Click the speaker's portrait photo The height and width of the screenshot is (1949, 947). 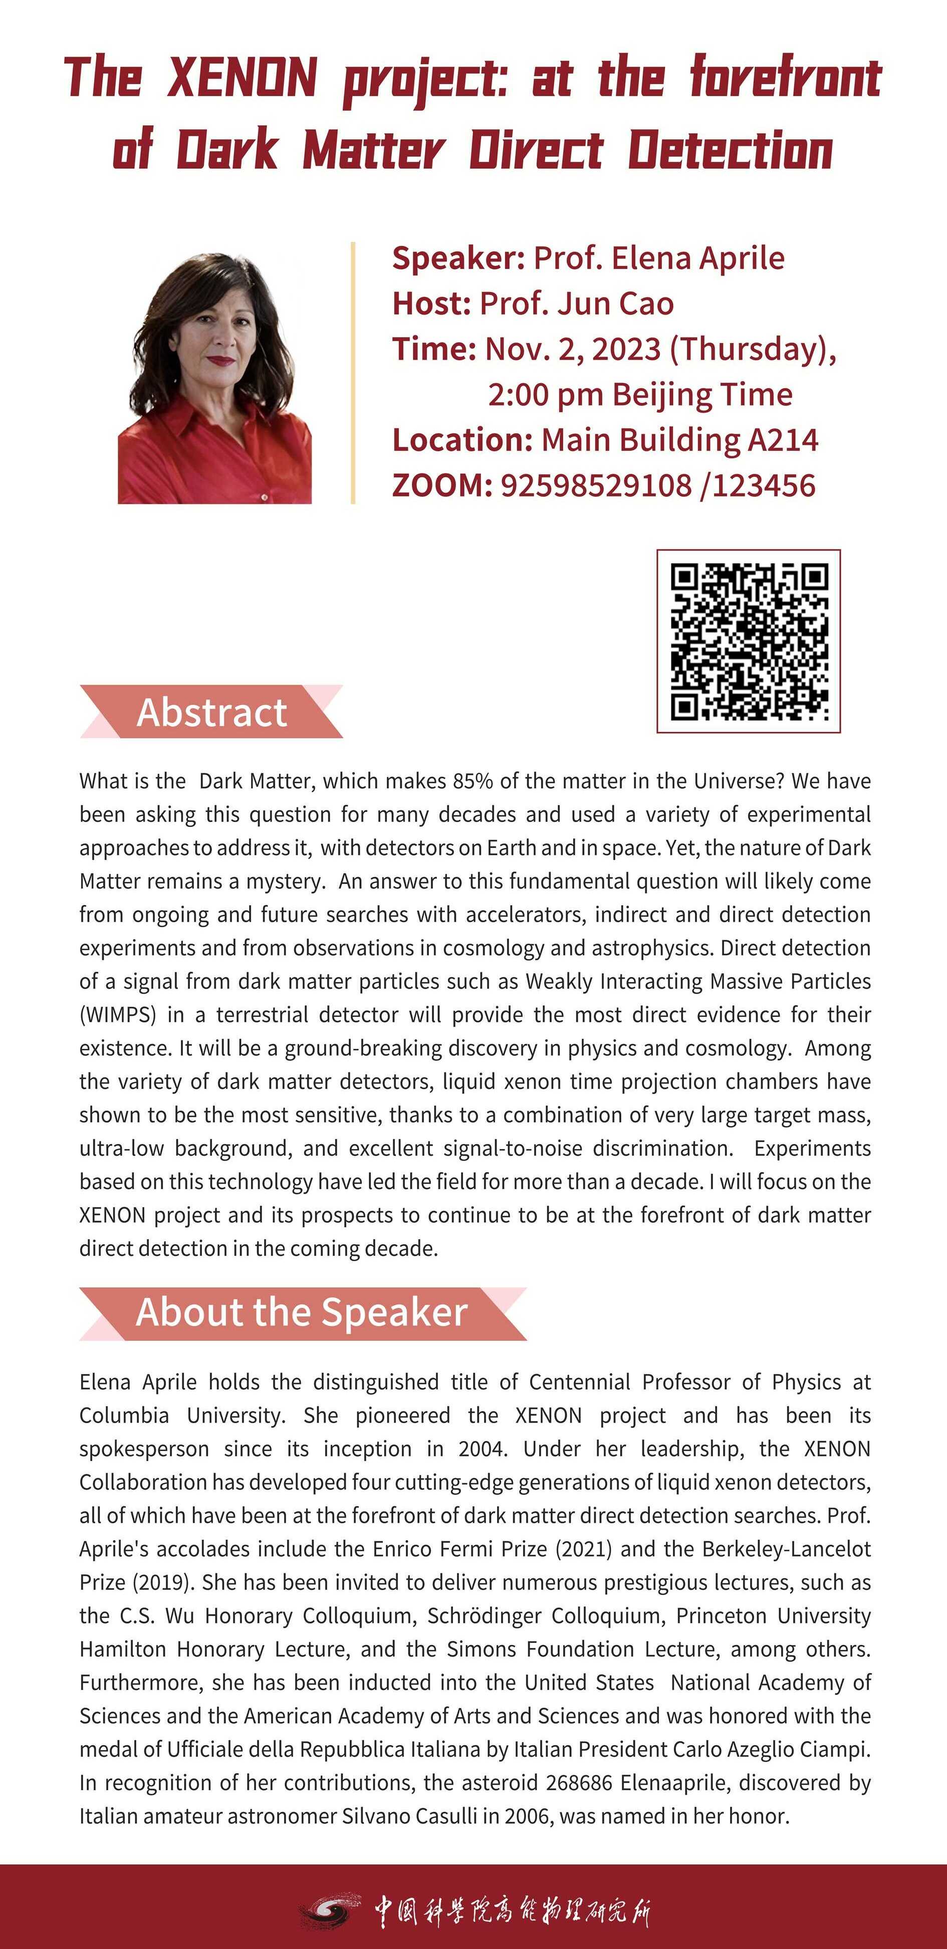pyautogui.click(x=215, y=378)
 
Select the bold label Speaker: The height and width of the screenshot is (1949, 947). pyautogui.click(x=458, y=258)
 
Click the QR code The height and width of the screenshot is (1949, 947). pyautogui.click(x=749, y=641)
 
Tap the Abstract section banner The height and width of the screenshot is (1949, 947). pyautogui.click(x=211, y=712)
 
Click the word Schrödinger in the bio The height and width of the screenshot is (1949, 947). pyautogui.click(x=484, y=1615)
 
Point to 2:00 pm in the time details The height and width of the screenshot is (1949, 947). pyautogui.click(x=544, y=394)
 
